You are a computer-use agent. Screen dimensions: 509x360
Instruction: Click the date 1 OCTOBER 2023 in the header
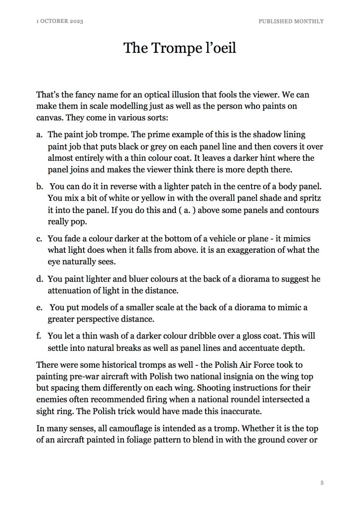pos(59,21)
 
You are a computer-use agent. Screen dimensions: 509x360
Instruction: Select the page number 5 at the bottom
pos(322,483)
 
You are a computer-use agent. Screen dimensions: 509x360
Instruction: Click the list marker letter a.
pos(39,135)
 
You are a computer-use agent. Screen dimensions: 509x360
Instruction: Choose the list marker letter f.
pos(39,336)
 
